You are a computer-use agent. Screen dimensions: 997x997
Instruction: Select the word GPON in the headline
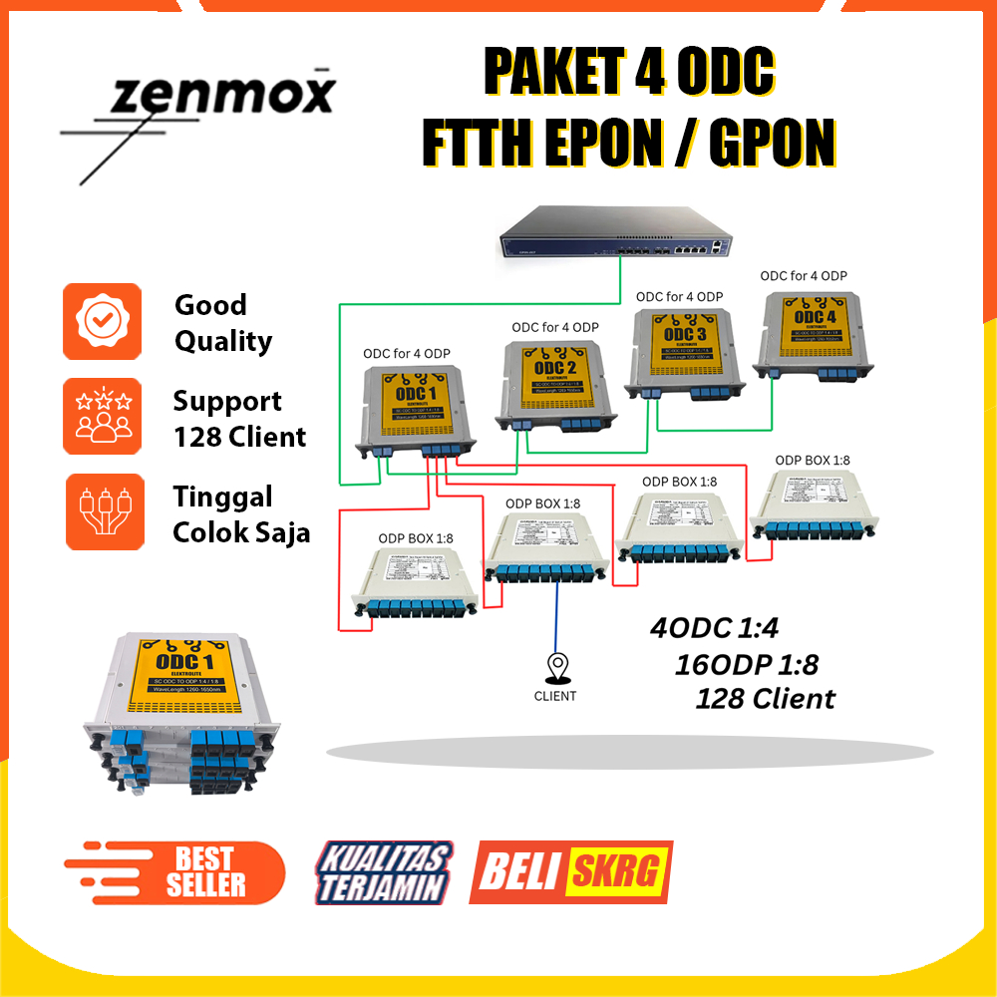coord(771,144)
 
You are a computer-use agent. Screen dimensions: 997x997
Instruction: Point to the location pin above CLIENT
coord(555,666)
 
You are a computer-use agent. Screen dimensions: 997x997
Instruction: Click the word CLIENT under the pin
coord(555,696)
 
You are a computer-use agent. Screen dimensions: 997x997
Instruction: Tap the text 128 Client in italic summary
coord(765,698)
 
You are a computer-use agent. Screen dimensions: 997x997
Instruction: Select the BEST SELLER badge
coord(174,870)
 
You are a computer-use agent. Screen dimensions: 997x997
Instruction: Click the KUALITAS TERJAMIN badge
coord(384,871)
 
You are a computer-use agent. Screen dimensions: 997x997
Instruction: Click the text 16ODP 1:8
coord(747,664)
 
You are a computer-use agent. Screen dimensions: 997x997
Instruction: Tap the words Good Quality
coord(223,323)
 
